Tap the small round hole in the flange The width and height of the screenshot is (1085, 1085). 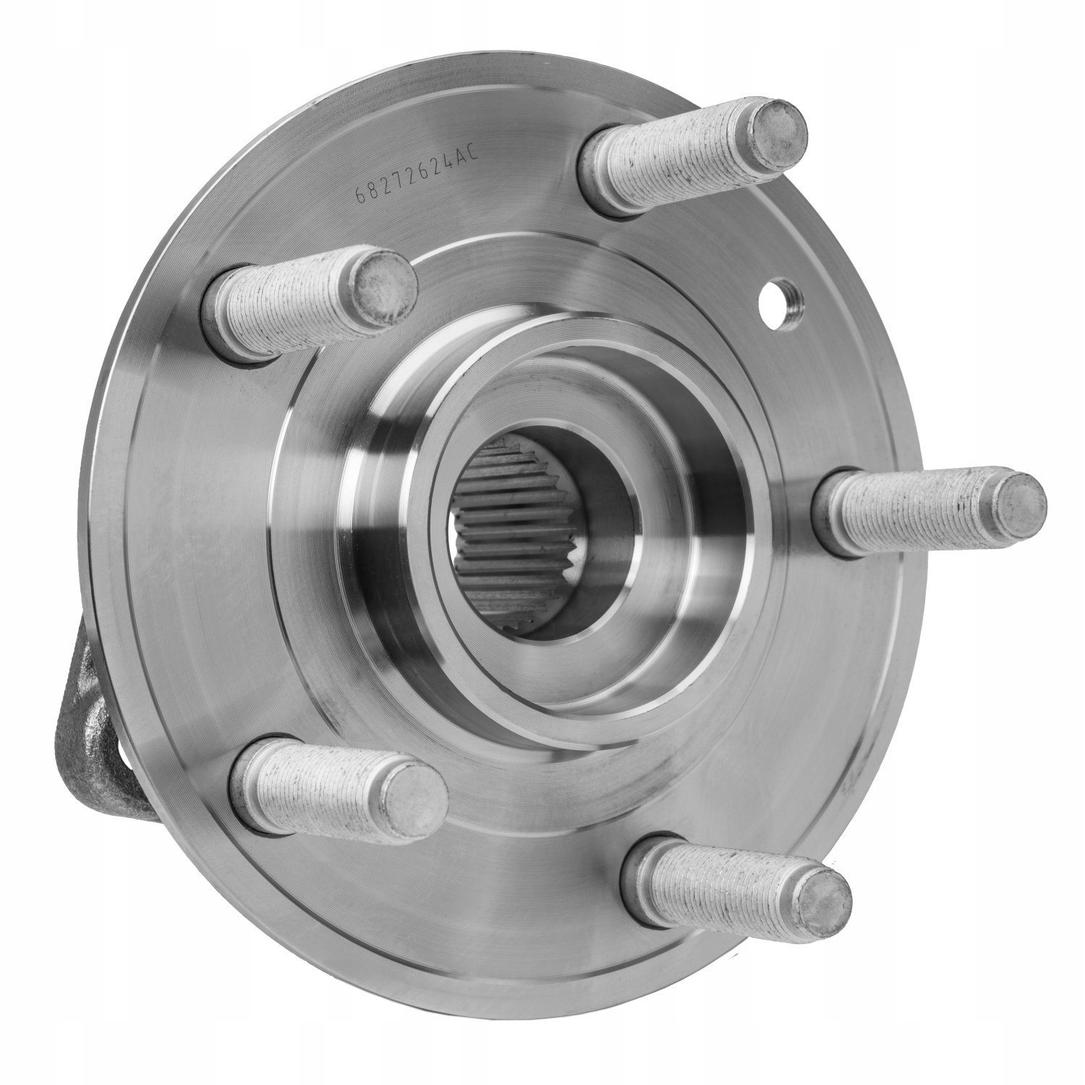pos(780,298)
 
